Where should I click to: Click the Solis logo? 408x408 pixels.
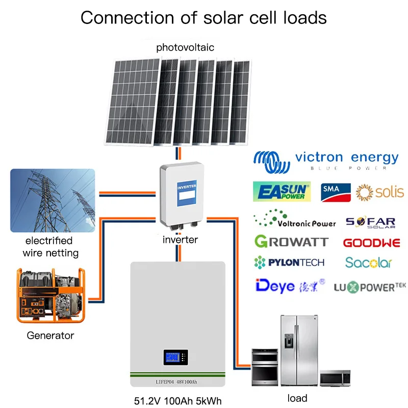[380, 192]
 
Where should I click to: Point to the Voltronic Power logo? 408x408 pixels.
[295, 221]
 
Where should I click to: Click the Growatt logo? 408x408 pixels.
[291, 241]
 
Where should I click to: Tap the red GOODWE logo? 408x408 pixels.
[371, 243]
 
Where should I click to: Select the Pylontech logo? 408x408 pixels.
[289, 263]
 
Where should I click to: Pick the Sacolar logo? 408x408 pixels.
[368, 263]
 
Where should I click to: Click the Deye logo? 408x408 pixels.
[282, 285]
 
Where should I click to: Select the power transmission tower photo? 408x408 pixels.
[53, 200]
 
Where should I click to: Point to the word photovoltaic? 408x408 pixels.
[185, 47]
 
